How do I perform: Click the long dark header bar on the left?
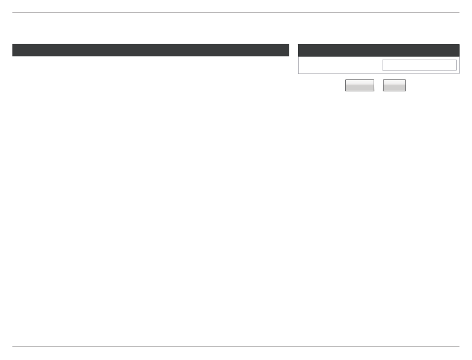(151, 50)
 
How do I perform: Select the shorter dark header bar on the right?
(379, 50)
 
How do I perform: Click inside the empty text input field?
(419, 65)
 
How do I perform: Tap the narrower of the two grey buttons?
(394, 85)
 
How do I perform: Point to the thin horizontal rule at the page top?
(236, 12)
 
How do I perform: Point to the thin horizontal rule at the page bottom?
(236, 347)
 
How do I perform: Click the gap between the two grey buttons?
(379, 85)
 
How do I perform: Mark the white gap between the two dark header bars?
(294, 50)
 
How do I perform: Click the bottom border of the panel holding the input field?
(379, 73)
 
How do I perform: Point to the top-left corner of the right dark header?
(299, 45)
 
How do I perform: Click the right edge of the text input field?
(456, 65)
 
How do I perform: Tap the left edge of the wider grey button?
(346, 85)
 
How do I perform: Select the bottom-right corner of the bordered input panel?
(459, 73)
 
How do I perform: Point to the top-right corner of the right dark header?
(459, 45)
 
